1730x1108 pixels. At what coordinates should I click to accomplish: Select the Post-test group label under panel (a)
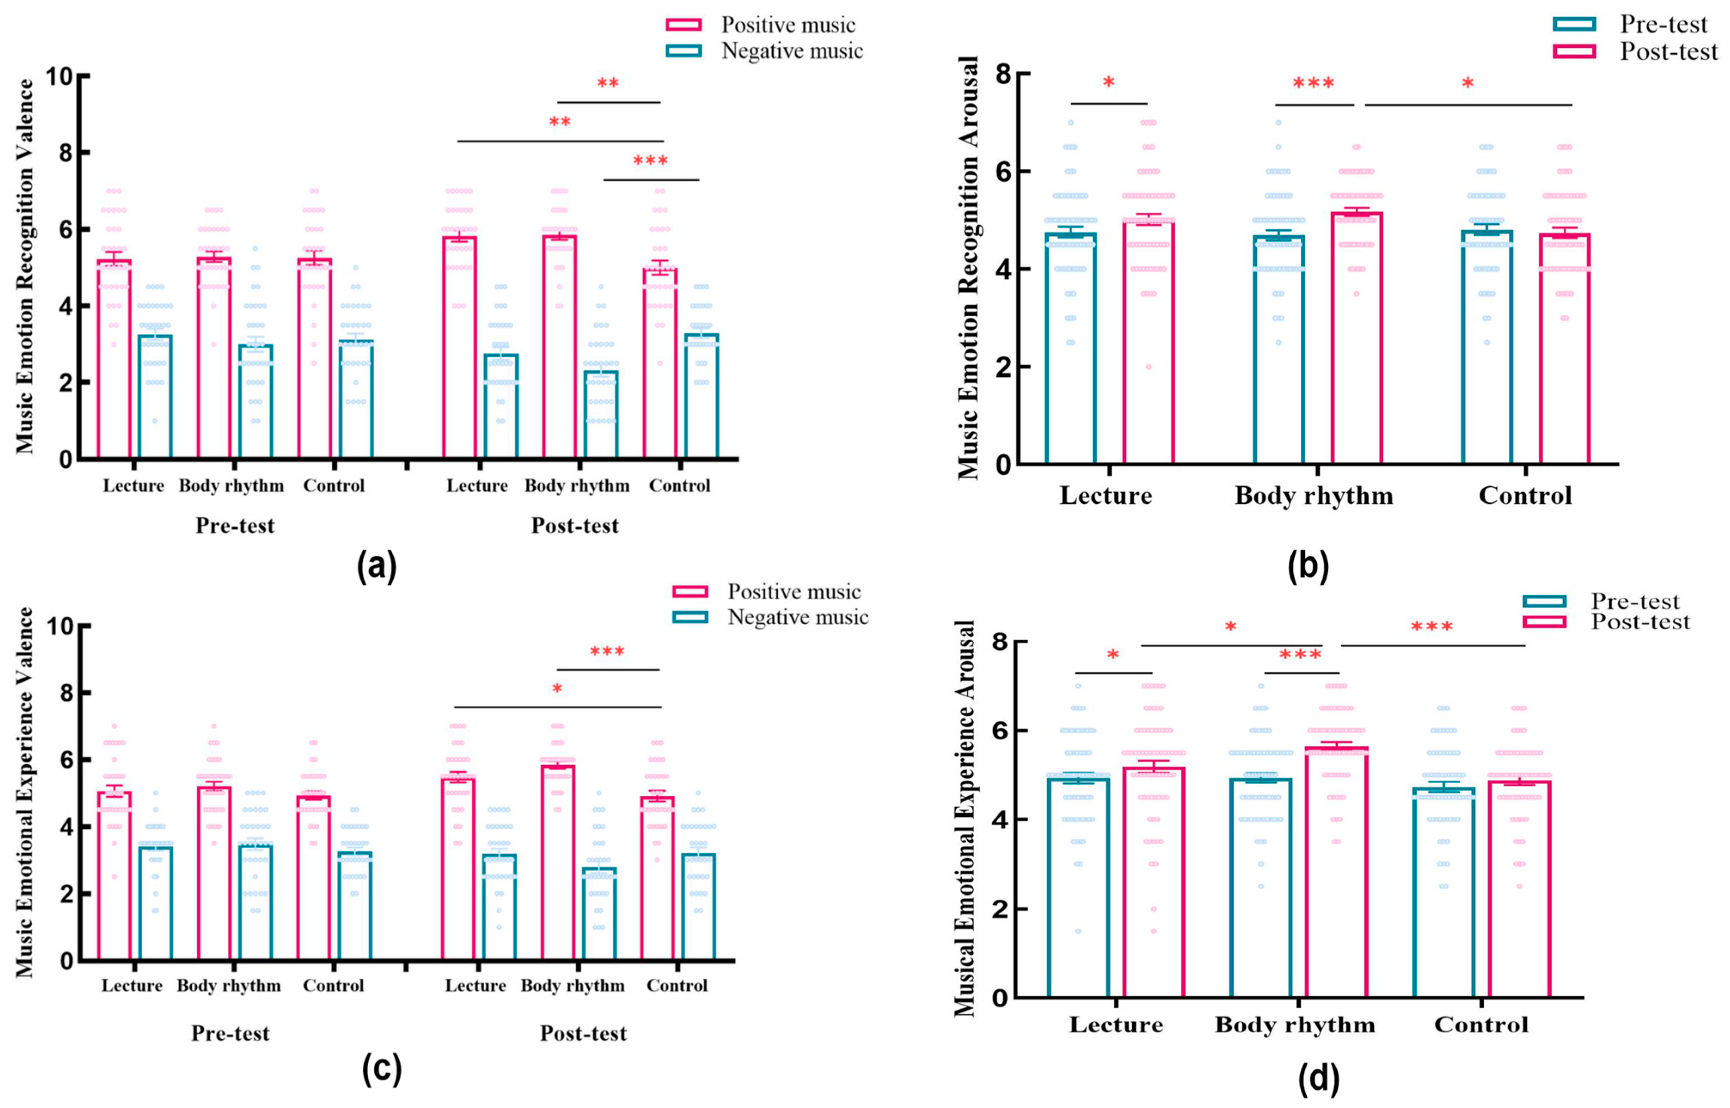coord(575,526)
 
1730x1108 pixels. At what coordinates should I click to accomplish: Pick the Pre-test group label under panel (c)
coord(230,1033)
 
